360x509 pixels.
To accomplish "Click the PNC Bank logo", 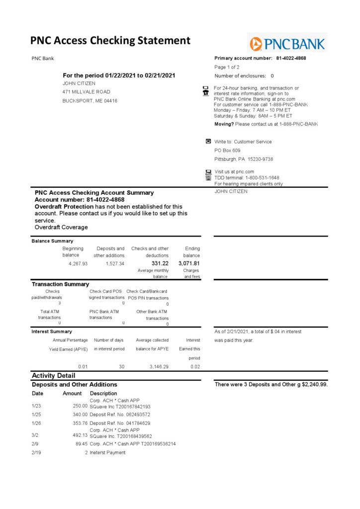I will [x=287, y=44].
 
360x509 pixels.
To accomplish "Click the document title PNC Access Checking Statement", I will [x=110, y=41].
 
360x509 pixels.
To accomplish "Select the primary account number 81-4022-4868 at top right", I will [x=291, y=58].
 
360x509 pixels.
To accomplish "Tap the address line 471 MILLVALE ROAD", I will [x=87, y=92].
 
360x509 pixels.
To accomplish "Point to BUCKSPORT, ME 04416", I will [x=90, y=101].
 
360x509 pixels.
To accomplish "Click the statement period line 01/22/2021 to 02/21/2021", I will [x=119, y=76].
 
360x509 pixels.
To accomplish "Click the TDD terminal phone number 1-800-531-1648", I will [x=261, y=177].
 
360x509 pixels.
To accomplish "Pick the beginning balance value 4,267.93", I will [x=78, y=263].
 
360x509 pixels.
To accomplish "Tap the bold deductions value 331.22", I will [x=160, y=263].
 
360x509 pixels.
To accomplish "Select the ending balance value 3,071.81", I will [x=189, y=263].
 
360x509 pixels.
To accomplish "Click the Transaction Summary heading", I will [x=60, y=284].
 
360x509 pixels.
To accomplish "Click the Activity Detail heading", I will [x=53, y=375].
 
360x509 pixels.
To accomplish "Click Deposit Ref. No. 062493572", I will [x=120, y=414].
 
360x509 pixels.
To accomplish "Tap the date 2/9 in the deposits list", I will [x=35, y=444].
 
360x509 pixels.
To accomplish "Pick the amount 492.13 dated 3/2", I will [x=78, y=436].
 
